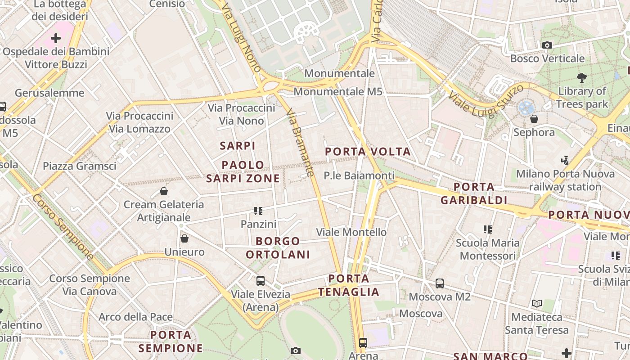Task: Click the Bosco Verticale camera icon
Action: pos(547,45)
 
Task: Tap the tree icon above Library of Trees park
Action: pos(582,77)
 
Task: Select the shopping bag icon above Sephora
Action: pos(534,119)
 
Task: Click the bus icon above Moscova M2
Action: pos(440,283)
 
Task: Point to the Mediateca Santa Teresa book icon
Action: pos(536,303)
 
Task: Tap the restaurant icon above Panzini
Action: pos(258,211)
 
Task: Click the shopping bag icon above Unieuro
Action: pos(184,238)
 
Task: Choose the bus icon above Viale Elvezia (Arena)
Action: pos(260,281)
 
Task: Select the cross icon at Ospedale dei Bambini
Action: pos(56,38)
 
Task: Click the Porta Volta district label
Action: pos(368,152)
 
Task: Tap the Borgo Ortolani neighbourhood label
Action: pos(278,248)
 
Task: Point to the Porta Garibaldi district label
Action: pos(474,193)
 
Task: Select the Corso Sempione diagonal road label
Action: pos(63,227)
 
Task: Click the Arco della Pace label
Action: pos(135,317)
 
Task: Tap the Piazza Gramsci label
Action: pos(80,166)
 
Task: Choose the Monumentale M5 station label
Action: pos(338,92)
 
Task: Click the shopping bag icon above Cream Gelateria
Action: pos(164,191)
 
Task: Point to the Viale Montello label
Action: pos(351,232)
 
